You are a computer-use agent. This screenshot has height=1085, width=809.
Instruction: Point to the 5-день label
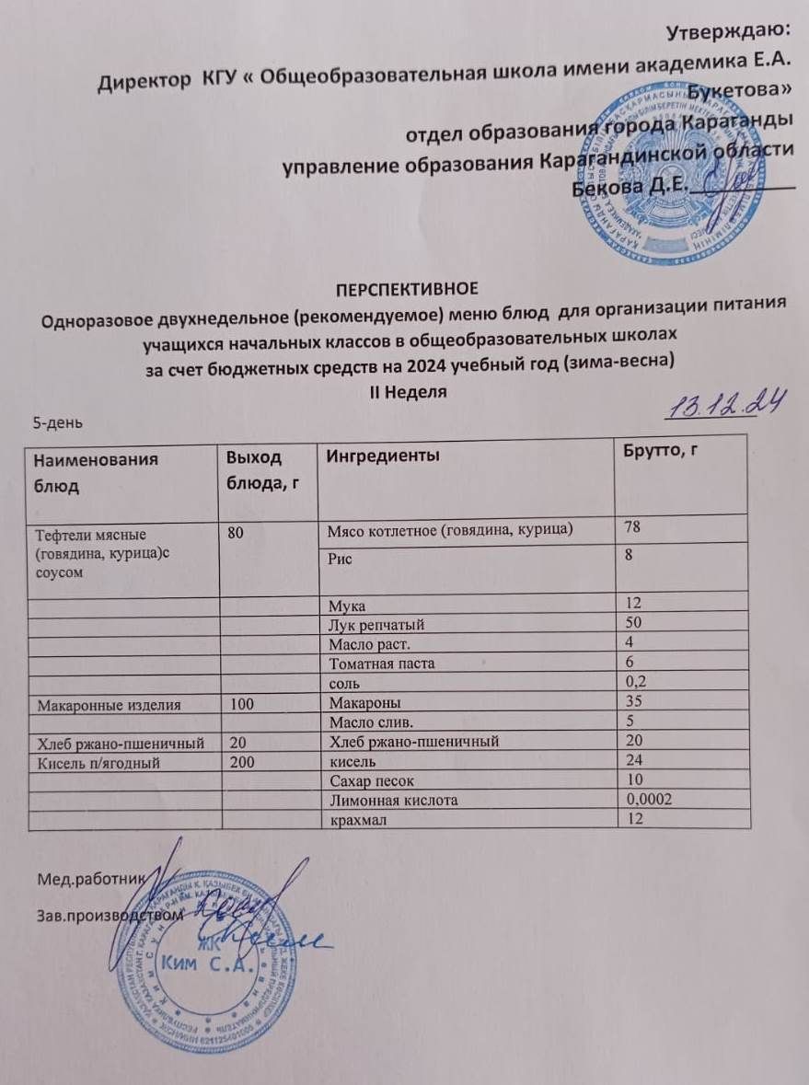[x=58, y=423]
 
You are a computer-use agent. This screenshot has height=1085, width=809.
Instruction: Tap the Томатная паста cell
[x=368, y=662]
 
